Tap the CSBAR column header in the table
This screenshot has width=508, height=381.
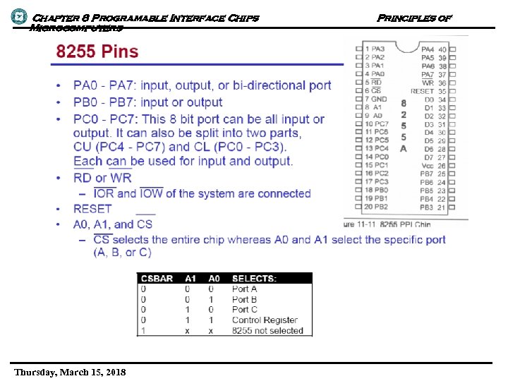[x=156, y=278]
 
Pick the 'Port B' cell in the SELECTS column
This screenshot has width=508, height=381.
[x=244, y=299]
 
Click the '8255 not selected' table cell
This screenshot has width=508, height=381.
[x=267, y=330]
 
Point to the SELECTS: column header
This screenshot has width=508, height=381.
[x=254, y=278]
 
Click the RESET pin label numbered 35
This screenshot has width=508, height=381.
[x=422, y=91]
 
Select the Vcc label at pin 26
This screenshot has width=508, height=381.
[x=428, y=166]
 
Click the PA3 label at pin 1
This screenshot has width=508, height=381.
[x=379, y=49]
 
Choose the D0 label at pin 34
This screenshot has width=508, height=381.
[x=429, y=99]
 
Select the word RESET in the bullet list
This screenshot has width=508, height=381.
[x=92, y=209]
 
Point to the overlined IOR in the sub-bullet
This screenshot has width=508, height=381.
[x=104, y=193]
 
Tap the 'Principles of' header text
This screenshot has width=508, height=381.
[x=414, y=17]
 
